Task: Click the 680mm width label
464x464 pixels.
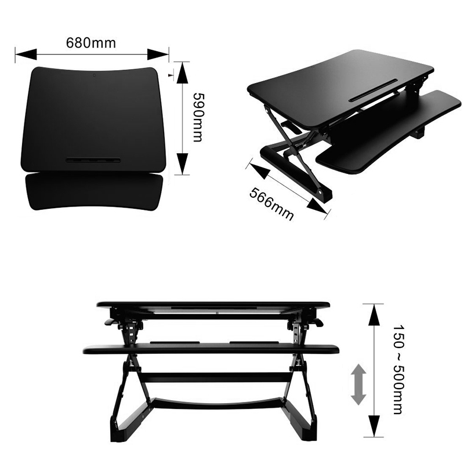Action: pos(91,43)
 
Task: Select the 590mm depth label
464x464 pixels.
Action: pos(198,117)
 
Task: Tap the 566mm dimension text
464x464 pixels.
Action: pos(271,204)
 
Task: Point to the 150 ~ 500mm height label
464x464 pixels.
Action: pos(398,369)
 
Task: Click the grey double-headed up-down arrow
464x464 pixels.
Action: pos(358,385)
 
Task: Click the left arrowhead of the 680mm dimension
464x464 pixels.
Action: pos(26,55)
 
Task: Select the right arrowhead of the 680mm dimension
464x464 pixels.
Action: pos(158,55)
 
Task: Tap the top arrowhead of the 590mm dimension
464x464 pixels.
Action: pos(183,73)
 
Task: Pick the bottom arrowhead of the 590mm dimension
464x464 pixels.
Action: pos(183,164)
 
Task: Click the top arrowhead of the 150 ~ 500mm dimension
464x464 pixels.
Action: pos(374,315)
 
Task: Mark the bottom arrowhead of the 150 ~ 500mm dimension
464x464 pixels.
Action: pos(374,426)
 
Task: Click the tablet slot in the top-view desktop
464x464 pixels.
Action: pos(93,160)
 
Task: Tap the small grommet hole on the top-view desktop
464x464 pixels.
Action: pos(94,75)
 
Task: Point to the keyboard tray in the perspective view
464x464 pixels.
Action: pos(389,133)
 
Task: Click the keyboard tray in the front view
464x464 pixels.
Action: pos(211,349)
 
